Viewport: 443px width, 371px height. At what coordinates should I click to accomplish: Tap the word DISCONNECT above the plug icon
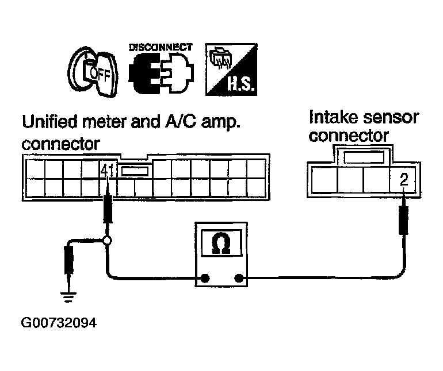[x=161, y=48]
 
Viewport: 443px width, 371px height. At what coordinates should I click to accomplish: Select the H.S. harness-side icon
[x=231, y=69]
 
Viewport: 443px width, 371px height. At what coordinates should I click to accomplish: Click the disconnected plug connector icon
[x=161, y=74]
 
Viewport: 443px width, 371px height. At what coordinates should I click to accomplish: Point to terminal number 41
[x=108, y=171]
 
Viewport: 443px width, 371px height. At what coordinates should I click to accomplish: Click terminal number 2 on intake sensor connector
[x=404, y=180]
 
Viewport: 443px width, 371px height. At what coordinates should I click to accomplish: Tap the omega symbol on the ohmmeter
[x=221, y=243]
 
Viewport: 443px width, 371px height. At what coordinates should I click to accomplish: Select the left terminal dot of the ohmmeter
[x=205, y=278]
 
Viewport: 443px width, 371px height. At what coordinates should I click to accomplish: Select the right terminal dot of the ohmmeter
[x=239, y=278]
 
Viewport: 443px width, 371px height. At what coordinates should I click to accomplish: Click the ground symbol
[x=68, y=297]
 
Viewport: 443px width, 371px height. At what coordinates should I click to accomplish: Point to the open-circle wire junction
[x=107, y=241]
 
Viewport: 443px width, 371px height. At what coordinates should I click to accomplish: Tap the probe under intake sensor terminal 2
[x=404, y=217]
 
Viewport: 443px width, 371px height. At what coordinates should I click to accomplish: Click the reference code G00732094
[x=59, y=323]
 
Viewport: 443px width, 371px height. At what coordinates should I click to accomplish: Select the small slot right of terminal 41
[x=135, y=171]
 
